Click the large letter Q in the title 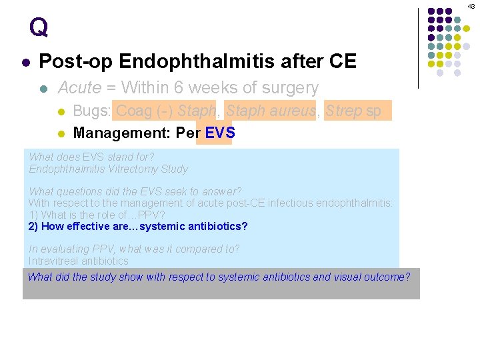[x=39, y=27]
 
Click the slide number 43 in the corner [x=471, y=6]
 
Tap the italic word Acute [x=79, y=87]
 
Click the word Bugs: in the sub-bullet [x=92, y=111]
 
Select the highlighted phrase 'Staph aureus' [x=270, y=111]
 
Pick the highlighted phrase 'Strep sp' [x=353, y=111]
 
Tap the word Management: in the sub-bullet [x=122, y=133]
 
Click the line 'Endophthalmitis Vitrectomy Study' [x=108, y=169]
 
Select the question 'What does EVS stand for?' [x=91, y=157]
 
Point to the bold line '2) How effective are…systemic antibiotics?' [x=138, y=227]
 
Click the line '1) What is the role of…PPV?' [x=96, y=215]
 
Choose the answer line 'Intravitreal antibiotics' [x=78, y=261]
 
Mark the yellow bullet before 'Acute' [x=43, y=89]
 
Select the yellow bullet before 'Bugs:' [x=60, y=111]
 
